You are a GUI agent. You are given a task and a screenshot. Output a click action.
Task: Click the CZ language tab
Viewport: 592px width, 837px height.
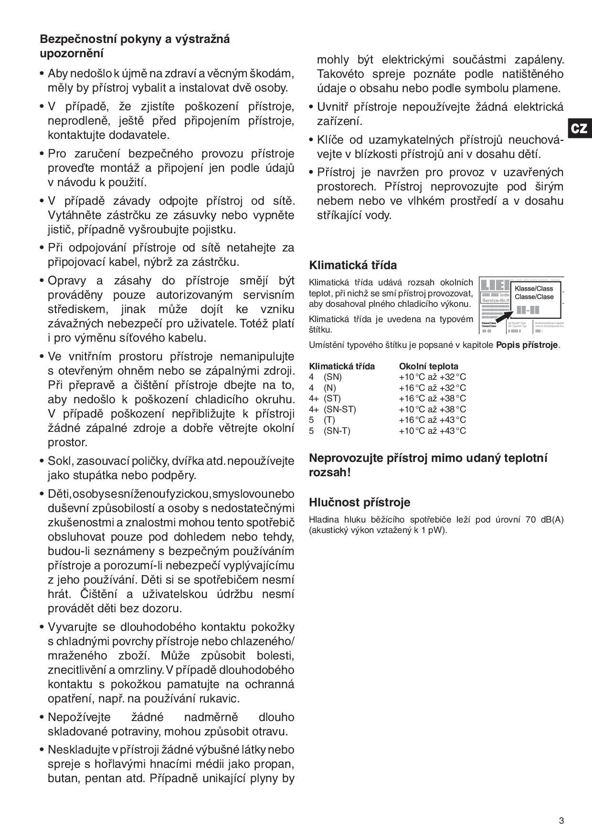pyautogui.click(x=579, y=128)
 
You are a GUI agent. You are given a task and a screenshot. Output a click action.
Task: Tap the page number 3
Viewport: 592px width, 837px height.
pyautogui.click(x=561, y=821)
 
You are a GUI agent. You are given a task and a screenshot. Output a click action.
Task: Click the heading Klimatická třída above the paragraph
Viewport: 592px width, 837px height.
pyautogui.click(x=353, y=265)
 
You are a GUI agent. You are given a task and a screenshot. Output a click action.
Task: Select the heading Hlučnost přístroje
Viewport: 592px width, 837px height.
pyautogui.click(x=359, y=502)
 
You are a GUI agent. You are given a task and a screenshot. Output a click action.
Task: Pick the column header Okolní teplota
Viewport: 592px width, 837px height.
pyautogui.click(x=428, y=366)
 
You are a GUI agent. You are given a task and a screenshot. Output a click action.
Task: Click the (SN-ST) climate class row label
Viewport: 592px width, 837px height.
pyautogui.click(x=339, y=409)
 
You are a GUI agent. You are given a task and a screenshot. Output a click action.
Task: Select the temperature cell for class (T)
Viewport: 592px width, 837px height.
pyautogui.click(x=432, y=420)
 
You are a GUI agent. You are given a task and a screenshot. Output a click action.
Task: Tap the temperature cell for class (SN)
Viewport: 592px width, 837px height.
pyautogui.click(x=432, y=377)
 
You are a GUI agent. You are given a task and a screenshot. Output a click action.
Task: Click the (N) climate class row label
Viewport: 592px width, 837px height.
pyautogui.click(x=329, y=388)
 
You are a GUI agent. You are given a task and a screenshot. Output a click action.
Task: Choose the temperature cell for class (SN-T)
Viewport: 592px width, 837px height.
pyautogui.click(x=432, y=431)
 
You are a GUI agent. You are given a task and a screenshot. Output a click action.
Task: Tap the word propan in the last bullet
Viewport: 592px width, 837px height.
pyautogui.click(x=277, y=764)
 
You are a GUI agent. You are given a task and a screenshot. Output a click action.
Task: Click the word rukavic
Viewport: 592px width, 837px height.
pyautogui.click(x=221, y=699)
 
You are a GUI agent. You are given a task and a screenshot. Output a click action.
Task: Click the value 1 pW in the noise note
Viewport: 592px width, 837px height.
pyautogui.click(x=435, y=530)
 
